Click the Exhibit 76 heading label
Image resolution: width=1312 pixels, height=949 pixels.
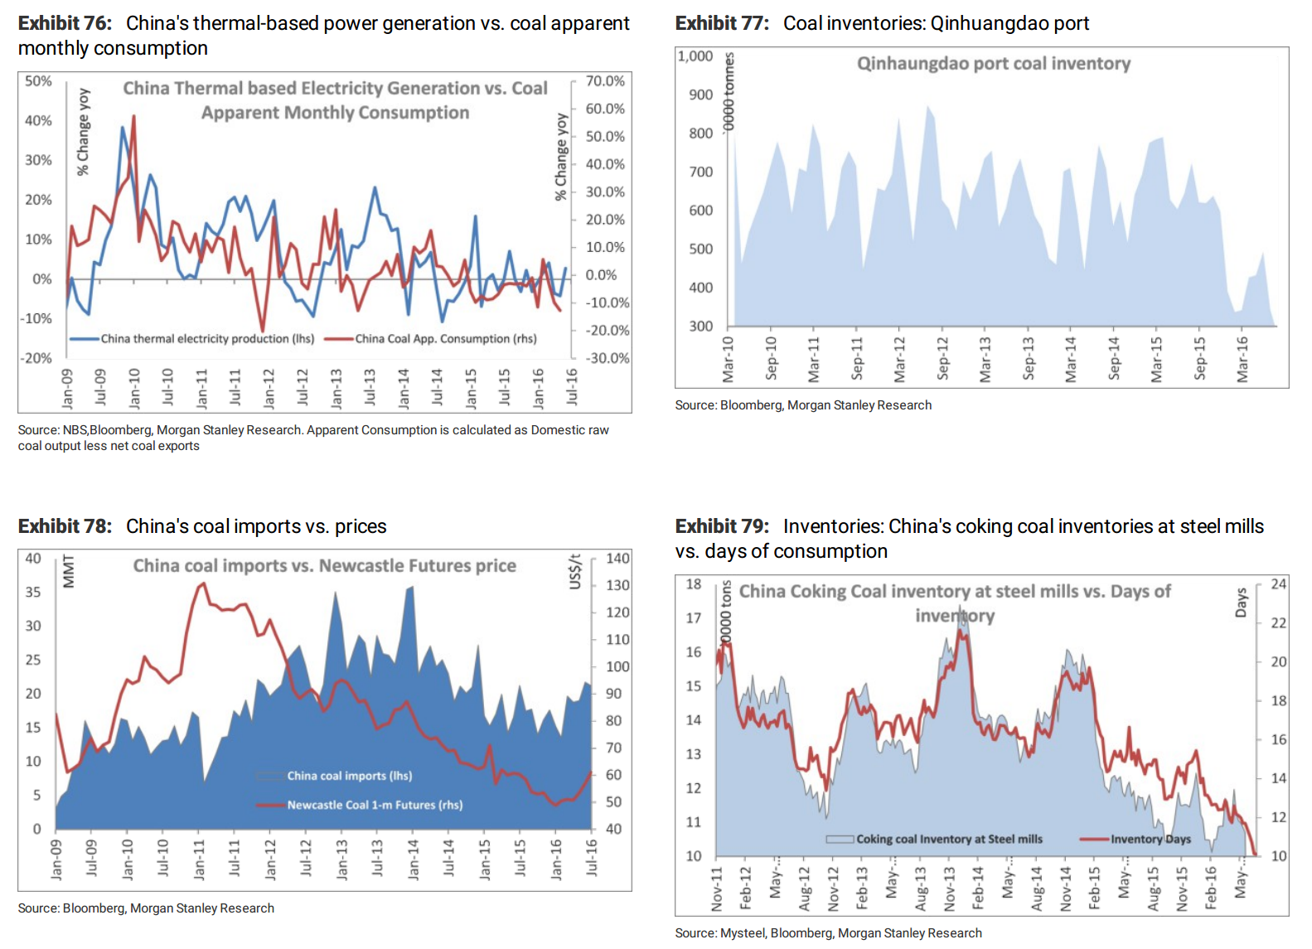coord(65,23)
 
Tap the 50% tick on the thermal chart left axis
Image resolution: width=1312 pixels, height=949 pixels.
coord(39,81)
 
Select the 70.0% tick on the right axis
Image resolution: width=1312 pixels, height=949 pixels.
coord(605,81)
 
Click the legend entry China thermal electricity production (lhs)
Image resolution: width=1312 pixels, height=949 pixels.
coord(192,339)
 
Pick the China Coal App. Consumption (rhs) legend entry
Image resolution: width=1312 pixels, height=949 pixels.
coord(431,339)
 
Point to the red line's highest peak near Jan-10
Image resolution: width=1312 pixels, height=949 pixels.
coord(134,116)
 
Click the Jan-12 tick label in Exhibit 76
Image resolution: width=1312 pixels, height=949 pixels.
coord(269,389)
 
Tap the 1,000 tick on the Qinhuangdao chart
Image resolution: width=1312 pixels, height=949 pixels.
coord(695,56)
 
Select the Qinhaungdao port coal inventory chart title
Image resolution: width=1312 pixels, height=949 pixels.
coord(994,63)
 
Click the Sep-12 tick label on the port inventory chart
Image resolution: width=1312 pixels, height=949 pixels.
coord(942,359)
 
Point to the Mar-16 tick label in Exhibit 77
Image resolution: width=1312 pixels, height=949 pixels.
coord(1242,360)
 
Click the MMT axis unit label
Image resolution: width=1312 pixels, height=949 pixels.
coord(69,572)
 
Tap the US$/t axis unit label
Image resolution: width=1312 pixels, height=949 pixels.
coord(575,572)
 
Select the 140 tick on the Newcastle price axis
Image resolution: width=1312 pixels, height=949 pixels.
coord(618,559)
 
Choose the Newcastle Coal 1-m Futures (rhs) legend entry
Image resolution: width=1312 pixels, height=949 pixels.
coord(360,805)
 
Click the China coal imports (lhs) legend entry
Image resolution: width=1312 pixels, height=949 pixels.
coord(335,776)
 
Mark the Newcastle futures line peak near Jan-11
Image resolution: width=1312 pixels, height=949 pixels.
coord(203,583)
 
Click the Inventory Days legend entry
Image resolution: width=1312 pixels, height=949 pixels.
coord(1135,839)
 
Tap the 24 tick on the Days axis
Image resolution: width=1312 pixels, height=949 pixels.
coord(1278,584)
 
